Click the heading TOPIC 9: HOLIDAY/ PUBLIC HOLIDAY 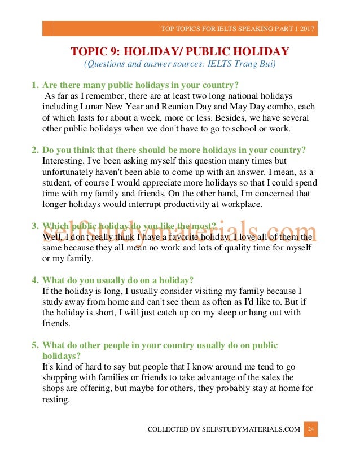[179, 52]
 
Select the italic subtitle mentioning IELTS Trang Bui [179, 64]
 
